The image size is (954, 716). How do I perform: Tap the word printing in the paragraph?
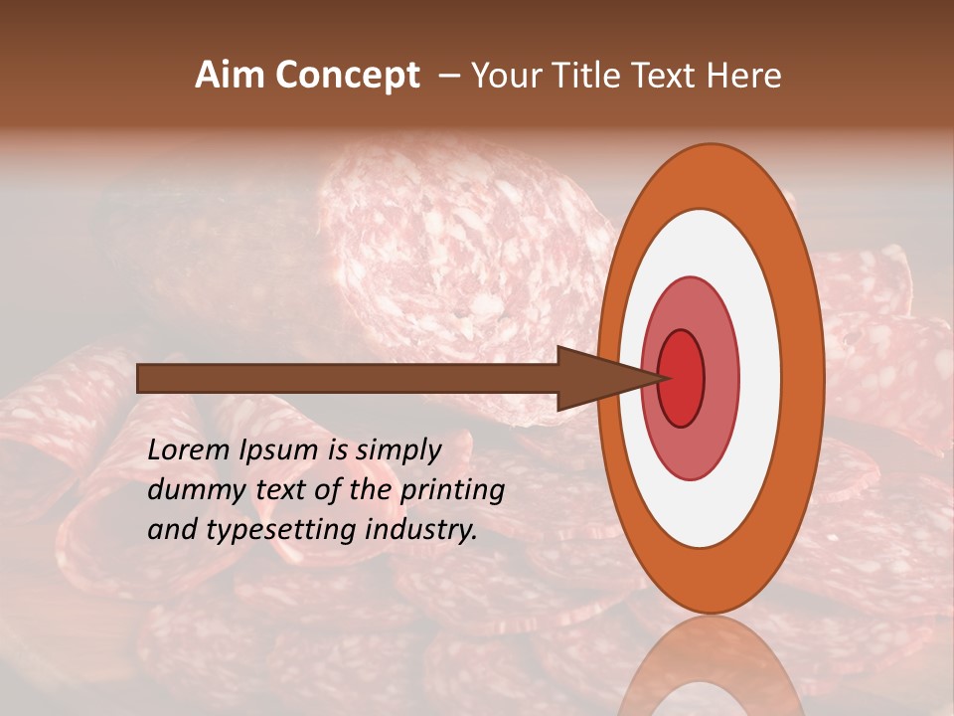click(452, 490)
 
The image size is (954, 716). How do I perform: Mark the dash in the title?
click(449, 76)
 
